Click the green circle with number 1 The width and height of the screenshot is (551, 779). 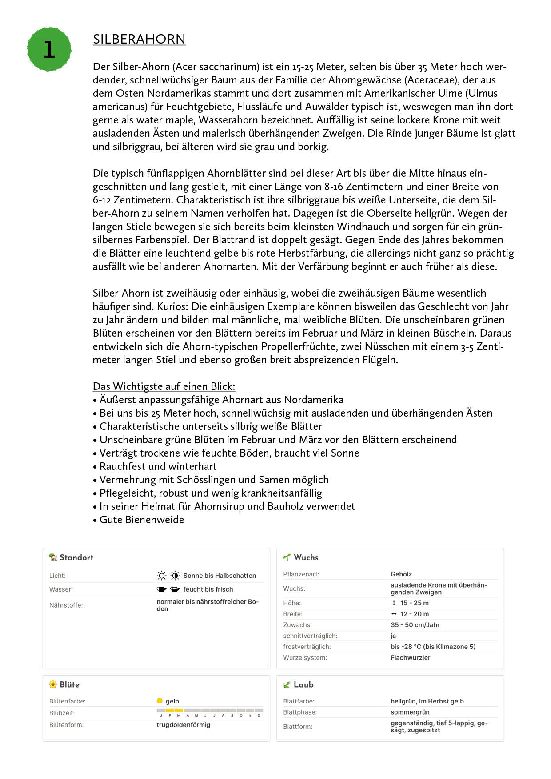[49, 49]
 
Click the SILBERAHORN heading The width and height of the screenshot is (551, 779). [139, 39]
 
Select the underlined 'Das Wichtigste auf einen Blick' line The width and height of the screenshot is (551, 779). [164, 386]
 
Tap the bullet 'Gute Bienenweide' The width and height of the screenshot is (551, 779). [141, 520]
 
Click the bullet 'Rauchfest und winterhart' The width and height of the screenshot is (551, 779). [158, 466]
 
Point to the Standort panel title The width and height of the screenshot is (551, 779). [76, 557]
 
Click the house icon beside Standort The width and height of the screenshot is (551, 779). [53, 557]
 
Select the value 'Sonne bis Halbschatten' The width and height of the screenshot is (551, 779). [220, 576]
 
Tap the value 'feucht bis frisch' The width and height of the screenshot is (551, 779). [208, 589]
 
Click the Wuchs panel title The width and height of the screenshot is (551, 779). [306, 557]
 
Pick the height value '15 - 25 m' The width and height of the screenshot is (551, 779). [414, 603]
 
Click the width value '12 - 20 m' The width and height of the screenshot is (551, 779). [414, 614]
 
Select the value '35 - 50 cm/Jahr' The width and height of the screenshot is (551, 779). [415, 625]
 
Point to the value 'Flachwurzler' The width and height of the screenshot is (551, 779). [410, 658]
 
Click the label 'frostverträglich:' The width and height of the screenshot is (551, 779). [307, 647]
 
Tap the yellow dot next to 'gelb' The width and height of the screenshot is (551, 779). [160, 701]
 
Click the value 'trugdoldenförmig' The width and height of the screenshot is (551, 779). [183, 725]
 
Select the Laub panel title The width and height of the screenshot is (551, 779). [303, 684]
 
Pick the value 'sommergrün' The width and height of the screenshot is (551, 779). [410, 712]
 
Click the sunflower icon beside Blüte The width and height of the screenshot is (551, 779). [53, 684]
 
